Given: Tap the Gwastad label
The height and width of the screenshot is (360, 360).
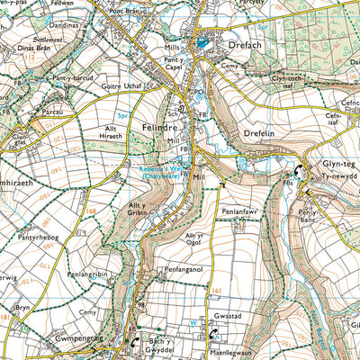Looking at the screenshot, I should [230, 319].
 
